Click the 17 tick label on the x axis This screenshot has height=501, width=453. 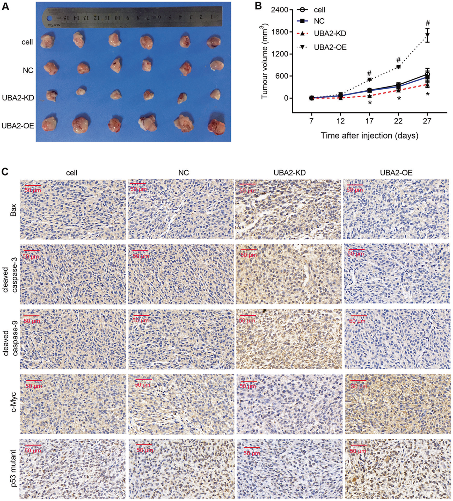point(369,121)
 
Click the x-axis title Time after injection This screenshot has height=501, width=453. point(369,135)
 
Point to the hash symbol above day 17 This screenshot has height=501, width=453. point(369,73)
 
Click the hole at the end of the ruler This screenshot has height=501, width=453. point(49,18)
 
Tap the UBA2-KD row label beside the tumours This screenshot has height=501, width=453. point(18,98)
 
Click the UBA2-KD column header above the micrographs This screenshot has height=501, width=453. point(289,172)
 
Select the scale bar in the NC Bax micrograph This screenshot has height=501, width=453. point(138,184)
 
